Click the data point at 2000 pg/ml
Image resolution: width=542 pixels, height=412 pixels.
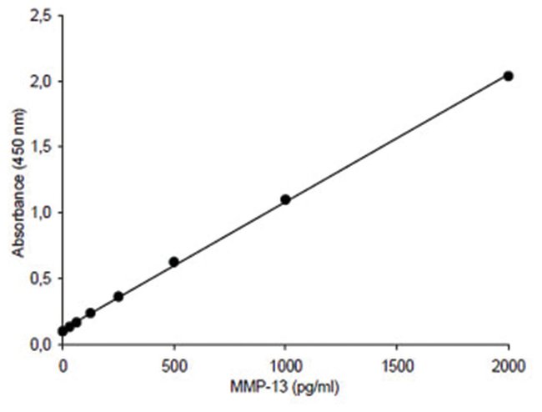point(508,76)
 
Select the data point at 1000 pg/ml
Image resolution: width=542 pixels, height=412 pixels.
point(285,199)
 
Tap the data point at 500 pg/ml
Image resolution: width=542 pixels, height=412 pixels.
point(173,261)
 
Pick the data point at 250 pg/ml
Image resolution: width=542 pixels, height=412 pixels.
point(118,296)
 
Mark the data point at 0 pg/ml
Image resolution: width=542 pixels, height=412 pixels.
point(63,331)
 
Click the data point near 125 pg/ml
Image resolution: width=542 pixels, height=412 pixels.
point(90,313)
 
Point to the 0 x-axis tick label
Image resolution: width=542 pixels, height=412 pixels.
point(63,364)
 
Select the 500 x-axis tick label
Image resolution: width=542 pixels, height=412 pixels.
point(173,364)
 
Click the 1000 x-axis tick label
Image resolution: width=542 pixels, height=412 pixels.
point(285,364)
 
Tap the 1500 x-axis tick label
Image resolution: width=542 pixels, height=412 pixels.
point(396,364)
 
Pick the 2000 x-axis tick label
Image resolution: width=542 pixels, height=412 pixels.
point(508,364)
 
